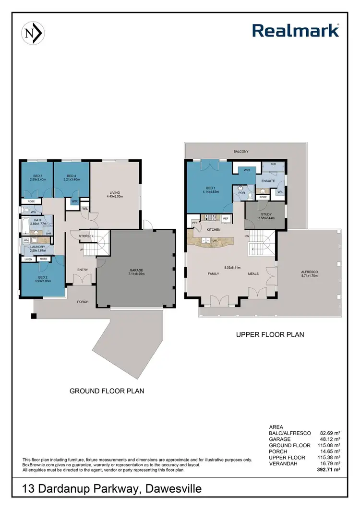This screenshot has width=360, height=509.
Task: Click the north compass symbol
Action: [x=33, y=33]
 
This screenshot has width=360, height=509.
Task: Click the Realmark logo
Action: [x=296, y=31]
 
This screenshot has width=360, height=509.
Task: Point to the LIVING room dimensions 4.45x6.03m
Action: [x=115, y=197]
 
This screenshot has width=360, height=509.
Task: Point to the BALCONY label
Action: [x=241, y=151]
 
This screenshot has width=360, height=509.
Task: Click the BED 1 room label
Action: [x=210, y=188]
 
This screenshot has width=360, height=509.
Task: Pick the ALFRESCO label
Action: [x=310, y=271]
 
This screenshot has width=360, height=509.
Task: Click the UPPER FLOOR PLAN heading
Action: [x=270, y=334]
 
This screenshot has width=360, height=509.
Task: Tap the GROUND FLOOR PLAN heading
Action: [x=107, y=391]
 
